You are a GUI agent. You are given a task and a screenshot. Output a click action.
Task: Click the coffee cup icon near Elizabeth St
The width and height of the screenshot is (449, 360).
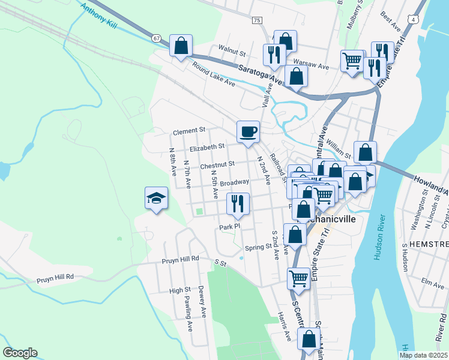click(248, 131)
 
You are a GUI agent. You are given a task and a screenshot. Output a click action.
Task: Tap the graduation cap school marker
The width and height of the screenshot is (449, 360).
click(155, 199)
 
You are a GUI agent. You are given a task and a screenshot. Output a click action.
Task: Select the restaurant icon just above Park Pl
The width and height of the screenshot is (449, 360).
click(238, 203)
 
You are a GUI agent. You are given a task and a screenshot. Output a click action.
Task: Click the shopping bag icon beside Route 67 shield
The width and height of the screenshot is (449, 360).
click(181, 46)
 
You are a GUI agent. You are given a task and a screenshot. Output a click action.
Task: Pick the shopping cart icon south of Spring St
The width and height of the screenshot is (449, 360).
click(298, 278)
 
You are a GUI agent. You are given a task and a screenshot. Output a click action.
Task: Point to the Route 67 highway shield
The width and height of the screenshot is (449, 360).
click(157, 38)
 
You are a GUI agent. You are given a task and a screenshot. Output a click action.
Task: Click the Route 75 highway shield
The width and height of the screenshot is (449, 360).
click(257, 20)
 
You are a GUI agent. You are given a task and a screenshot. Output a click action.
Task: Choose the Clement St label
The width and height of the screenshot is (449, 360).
click(189, 130)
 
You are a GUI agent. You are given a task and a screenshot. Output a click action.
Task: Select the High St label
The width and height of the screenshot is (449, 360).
click(179, 290)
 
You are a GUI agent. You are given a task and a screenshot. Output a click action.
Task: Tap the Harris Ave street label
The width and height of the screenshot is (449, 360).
click(284, 327)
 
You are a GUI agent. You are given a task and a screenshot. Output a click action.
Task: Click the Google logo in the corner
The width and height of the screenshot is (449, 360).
click(20, 353)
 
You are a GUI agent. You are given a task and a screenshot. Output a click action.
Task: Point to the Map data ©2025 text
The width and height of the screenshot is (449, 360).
click(423, 355)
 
